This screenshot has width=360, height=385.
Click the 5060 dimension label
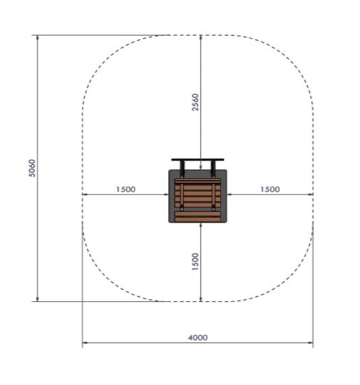32,168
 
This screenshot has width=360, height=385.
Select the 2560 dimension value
195,102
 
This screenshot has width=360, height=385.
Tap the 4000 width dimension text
198,338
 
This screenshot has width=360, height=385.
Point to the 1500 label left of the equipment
126,189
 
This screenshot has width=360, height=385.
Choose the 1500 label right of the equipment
270,189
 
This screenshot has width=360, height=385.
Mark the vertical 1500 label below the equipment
195,262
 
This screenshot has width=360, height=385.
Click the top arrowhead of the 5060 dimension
37,38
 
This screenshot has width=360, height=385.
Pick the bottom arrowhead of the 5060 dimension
37,299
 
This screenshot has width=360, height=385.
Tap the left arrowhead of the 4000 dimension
85,343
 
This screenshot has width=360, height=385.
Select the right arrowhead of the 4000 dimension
310,343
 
